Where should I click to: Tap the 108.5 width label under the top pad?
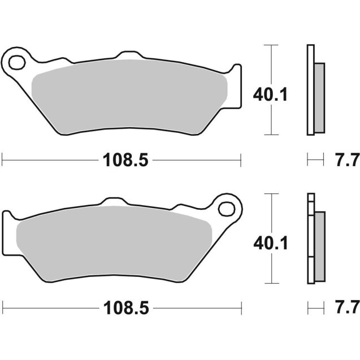(x=125, y=160)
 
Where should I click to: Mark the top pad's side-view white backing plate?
(x=310, y=90)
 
